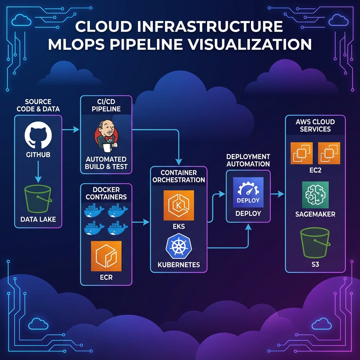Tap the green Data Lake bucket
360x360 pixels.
click(x=38, y=199)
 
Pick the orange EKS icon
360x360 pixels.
click(x=179, y=206)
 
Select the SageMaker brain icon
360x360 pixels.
click(x=315, y=195)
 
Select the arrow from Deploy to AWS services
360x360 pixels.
click(x=278, y=194)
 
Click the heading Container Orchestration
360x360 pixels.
click(x=179, y=176)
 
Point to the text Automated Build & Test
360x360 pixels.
click(x=106, y=163)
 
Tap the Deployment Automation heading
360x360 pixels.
click(x=248, y=160)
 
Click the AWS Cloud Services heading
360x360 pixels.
click(x=315, y=126)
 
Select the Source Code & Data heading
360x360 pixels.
click(x=38, y=105)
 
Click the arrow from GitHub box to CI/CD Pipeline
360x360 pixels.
click(x=71, y=130)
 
